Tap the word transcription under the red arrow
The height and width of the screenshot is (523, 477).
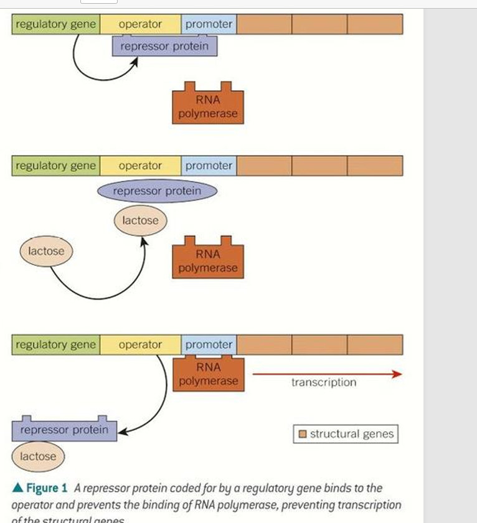click(324, 382)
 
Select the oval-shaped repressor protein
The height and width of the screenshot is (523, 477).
click(157, 191)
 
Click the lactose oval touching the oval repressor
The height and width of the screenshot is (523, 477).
click(140, 220)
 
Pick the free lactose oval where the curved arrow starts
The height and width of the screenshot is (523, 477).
click(46, 251)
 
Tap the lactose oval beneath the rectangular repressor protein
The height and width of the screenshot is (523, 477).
click(37, 456)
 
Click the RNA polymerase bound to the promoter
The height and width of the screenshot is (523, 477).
click(208, 374)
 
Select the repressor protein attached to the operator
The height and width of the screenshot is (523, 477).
click(164, 47)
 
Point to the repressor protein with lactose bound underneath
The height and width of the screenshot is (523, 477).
click(64, 430)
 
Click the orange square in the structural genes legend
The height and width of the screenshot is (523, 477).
click(303, 434)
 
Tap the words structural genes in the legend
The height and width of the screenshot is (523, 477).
click(352, 434)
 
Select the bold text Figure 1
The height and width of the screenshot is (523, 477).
click(47, 488)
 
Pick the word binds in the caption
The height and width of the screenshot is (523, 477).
click(341, 488)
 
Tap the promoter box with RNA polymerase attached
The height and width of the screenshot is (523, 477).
click(209, 344)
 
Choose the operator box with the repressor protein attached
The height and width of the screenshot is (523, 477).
click(140, 24)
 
